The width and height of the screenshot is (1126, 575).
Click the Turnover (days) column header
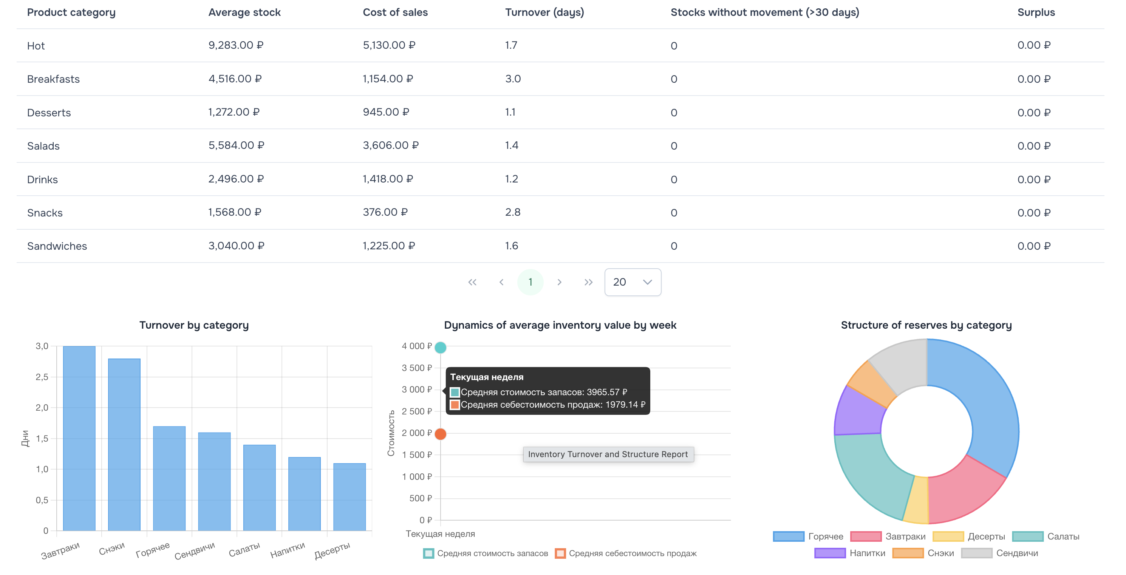[544, 12]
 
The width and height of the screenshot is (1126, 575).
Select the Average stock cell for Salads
[236, 145]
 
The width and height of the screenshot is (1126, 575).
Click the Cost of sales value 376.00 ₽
[385, 212]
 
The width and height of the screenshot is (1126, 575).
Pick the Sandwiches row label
[57, 246]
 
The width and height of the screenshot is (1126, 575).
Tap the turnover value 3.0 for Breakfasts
[513, 79]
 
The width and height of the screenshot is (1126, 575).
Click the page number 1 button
[530, 282]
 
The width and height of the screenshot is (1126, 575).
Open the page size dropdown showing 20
[632, 282]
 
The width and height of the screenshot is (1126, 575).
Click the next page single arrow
[559, 282]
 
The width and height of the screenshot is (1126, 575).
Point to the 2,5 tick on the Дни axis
[42, 377]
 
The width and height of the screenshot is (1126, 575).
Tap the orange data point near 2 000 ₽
[441, 434]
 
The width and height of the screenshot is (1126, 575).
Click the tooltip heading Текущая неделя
[487, 377]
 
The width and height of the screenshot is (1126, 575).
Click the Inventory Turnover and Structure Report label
[608, 454]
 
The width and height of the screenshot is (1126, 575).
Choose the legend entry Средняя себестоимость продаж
[632, 553]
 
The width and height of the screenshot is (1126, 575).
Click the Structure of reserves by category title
[926, 325]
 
